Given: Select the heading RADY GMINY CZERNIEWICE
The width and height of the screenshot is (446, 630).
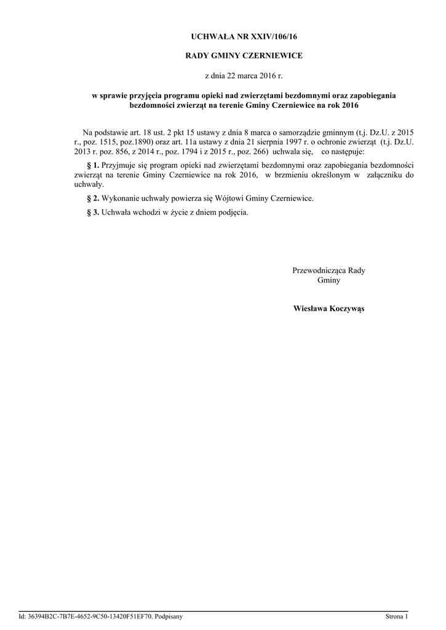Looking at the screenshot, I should tap(244, 56).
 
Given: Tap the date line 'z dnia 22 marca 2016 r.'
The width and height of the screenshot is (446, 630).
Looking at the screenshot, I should tap(244, 76).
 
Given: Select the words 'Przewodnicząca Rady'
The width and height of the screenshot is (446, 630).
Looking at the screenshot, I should tap(329, 271).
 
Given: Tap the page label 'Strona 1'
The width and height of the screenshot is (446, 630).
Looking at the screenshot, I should tap(396, 616).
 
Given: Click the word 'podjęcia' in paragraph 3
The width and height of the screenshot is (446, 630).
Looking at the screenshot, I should tap(234, 212).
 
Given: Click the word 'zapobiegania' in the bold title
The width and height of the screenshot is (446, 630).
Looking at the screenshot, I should tap(374, 95).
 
